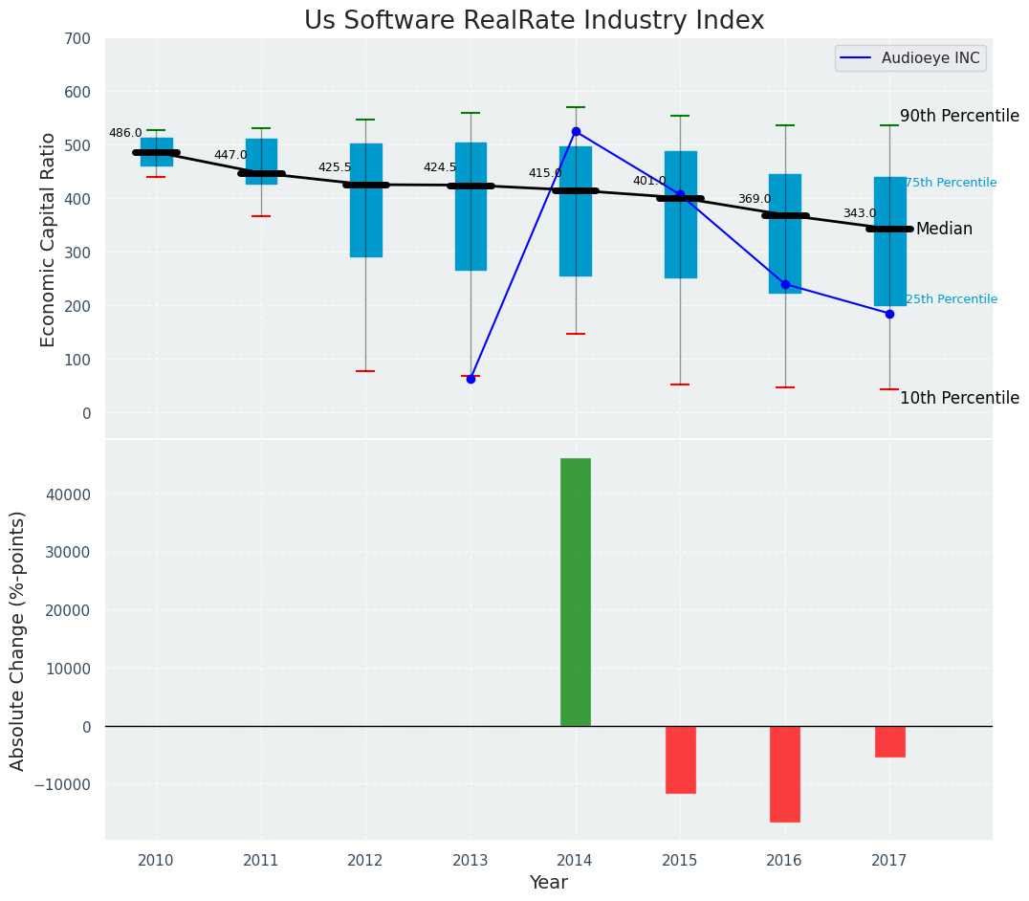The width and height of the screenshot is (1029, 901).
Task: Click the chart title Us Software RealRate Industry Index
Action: click(x=534, y=21)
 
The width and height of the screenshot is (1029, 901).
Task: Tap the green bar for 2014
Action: click(x=575, y=592)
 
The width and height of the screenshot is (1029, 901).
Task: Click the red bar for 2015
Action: click(x=680, y=759)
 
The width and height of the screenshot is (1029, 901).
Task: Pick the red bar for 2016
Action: click(x=785, y=774)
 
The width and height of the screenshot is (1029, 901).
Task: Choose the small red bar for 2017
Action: click(x=889, y=741)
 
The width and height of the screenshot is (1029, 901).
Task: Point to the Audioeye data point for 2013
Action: click(x=471, y=379)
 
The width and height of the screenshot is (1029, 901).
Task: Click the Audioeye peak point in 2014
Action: click(x=576, y=131)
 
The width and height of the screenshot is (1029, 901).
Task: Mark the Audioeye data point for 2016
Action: click(x=785, y=284)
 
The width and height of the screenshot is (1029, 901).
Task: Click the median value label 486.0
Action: click(x=125, y=134)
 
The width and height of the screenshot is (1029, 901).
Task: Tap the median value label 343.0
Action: click(x=859, y=213)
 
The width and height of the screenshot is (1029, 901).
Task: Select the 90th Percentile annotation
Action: click(x=959, y=116)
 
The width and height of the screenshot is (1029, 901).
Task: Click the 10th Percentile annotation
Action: click(x=959, y=398)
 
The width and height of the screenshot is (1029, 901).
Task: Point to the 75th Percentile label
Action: click(x=951, y=183)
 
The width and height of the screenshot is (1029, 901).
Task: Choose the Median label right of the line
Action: click(x=944, y=230)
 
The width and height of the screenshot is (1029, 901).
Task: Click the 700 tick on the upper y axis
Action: click(x=77, y=39)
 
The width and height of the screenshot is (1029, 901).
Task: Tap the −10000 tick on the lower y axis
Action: click(x=64, y=784)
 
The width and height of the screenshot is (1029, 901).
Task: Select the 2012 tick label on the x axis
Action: click(x=365, y=861)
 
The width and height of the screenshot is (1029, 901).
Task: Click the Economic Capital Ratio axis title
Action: click(x=49, y=239)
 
